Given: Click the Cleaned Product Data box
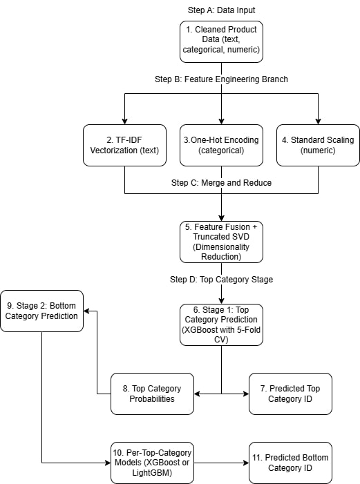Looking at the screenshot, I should coord(221,41).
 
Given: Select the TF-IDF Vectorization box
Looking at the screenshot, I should coord(124,145).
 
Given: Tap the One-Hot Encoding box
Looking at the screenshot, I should coord(221,145).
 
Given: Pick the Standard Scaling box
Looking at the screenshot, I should coord(318,145).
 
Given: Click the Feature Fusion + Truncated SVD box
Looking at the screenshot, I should coord(221,242).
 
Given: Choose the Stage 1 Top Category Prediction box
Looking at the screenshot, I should coord(221,325).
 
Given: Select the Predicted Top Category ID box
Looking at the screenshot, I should coord(290,394).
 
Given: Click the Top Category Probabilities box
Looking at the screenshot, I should coord(152,394).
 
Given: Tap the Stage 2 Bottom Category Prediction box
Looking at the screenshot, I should coord(42,311).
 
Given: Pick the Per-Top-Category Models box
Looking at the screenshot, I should coord(152,462).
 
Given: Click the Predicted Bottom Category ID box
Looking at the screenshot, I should coord(290,462).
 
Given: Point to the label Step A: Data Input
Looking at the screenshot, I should coord(221,10).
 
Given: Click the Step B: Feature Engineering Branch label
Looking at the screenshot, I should coord(221,79).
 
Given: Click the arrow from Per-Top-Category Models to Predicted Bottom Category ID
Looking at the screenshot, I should coord(221,463).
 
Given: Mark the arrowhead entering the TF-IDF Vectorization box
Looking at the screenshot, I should coord(124,120).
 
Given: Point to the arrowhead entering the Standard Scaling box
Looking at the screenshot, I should coord(318,120).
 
